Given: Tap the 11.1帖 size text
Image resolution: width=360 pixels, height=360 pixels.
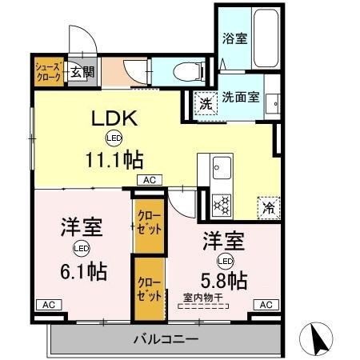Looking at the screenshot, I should pyautogui.click(x=116, y=158).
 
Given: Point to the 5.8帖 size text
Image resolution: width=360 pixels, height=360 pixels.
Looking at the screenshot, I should pyautogui.click(x=224, y=280).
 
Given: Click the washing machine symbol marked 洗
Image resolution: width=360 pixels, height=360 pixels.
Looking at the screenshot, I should pyautogui.click(x=206, y=103).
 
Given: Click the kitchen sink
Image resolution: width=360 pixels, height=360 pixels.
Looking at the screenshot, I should pyautogui.click(x=221, y=168).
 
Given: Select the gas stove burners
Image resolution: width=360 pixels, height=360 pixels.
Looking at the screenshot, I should pyautogui.click(x=221, y=203).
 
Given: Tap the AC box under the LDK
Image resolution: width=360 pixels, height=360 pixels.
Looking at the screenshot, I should pyautogui.click(x=150, y=181).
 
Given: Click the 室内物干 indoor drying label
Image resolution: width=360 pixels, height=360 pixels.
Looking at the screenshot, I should pyautogui.click(x=202, y=298).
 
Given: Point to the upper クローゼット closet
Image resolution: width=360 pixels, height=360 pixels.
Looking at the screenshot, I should pyautogui.click(x=149, y=222).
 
